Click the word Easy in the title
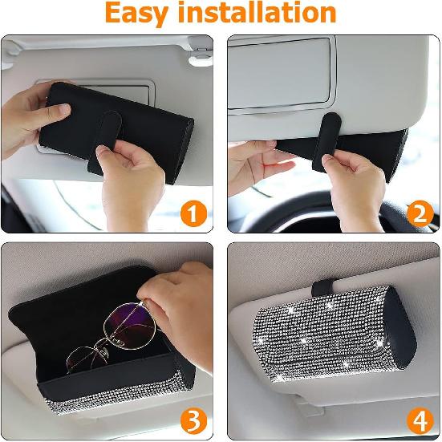pos(144,14)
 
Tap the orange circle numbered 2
pos(419,213)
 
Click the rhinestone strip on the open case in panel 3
pos(128,409)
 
